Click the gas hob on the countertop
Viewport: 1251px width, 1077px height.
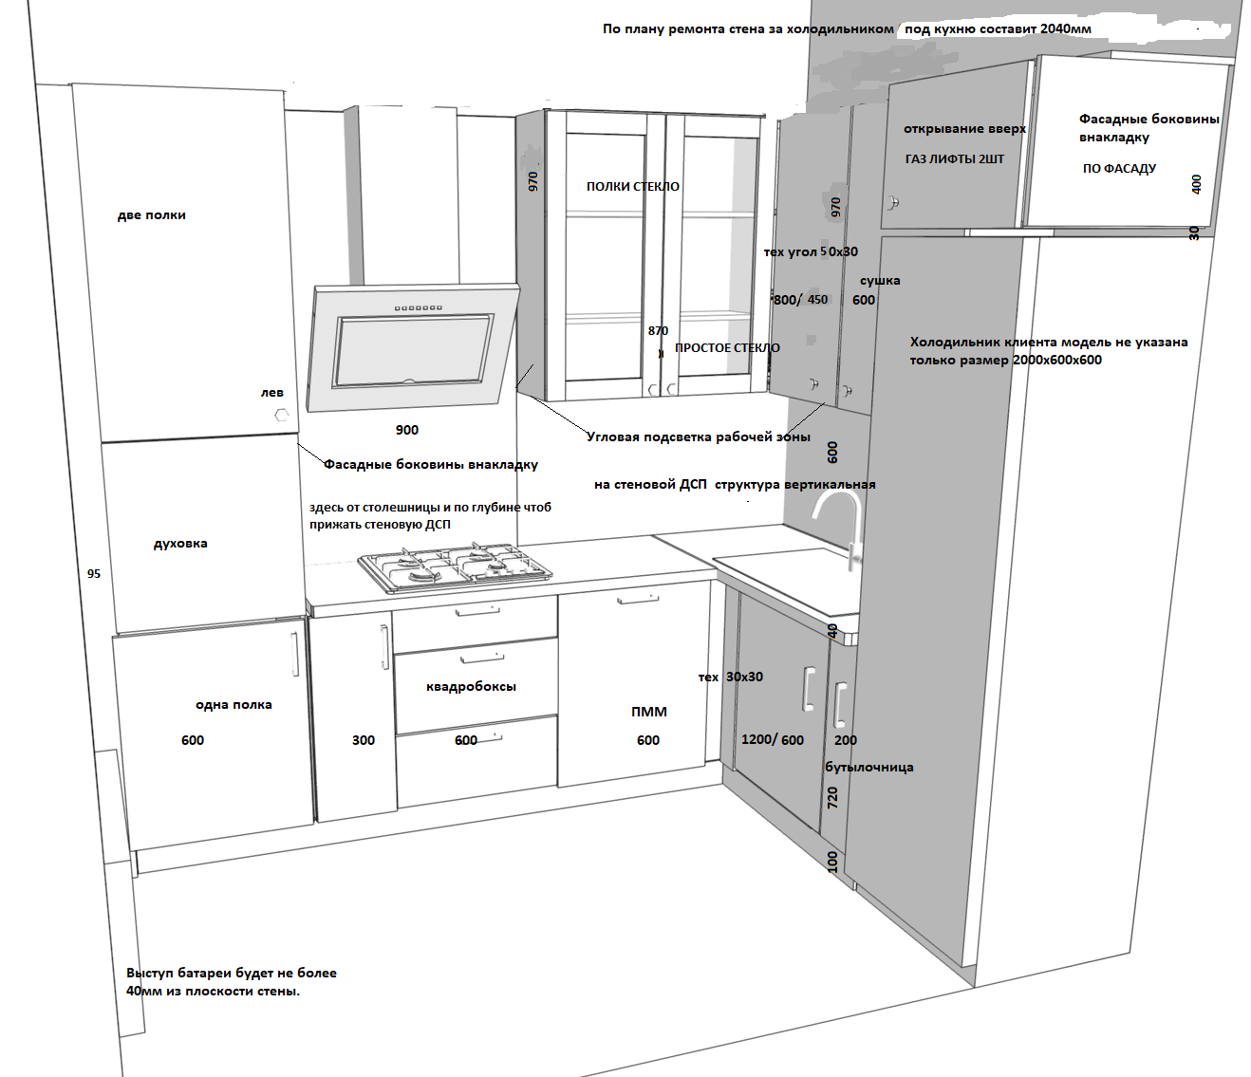tap(455, 566)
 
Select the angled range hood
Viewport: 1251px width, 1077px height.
tap(414, 347)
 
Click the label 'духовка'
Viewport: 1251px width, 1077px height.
tap(180, 544)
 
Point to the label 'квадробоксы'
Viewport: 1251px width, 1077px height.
tap(471, 686)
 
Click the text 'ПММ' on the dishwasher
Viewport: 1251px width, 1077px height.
tap(649, 712)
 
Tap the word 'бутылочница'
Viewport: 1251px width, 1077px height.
tap(868, 767)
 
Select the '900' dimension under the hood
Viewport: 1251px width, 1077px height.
tap(407, 430)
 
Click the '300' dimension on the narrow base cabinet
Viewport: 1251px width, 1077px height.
tap(364, 740)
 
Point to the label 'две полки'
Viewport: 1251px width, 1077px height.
tap(152, 215)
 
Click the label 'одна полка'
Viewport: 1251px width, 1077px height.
tap(233, 705)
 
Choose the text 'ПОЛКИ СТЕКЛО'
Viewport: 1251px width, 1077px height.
tap(632, 187)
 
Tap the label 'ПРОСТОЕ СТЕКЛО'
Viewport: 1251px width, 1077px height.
tap(727, 348)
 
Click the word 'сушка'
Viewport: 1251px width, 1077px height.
tap(880, 281)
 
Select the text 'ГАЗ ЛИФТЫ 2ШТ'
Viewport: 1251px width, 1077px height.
tap(954, 159)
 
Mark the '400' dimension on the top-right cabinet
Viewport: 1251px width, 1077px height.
tap(1196, 184)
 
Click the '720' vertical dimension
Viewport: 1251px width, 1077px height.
tap(832, 797)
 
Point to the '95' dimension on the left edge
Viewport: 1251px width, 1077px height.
tap(94, 574)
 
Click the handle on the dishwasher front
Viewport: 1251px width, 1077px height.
tap(638, 599)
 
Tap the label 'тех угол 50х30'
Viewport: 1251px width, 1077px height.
tap(811, 252)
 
